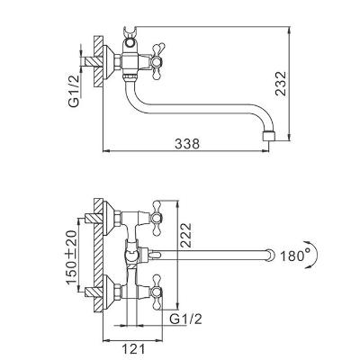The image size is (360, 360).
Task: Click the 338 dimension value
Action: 187,144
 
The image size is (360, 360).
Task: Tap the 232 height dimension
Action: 281,84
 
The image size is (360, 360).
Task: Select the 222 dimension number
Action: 185,235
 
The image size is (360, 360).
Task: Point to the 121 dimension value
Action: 133,348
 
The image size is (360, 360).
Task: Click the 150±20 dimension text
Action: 72,257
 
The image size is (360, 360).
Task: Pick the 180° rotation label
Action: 292,256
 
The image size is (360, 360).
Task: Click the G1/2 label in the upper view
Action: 74,91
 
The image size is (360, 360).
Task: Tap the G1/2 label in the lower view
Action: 185,319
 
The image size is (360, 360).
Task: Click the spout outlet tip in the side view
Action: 268,136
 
